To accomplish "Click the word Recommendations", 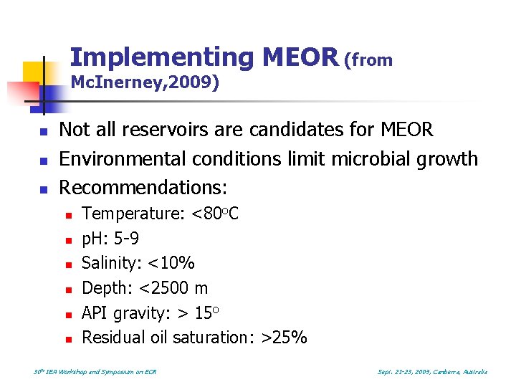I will tap(142, 188).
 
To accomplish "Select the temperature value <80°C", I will tap(215, 214).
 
